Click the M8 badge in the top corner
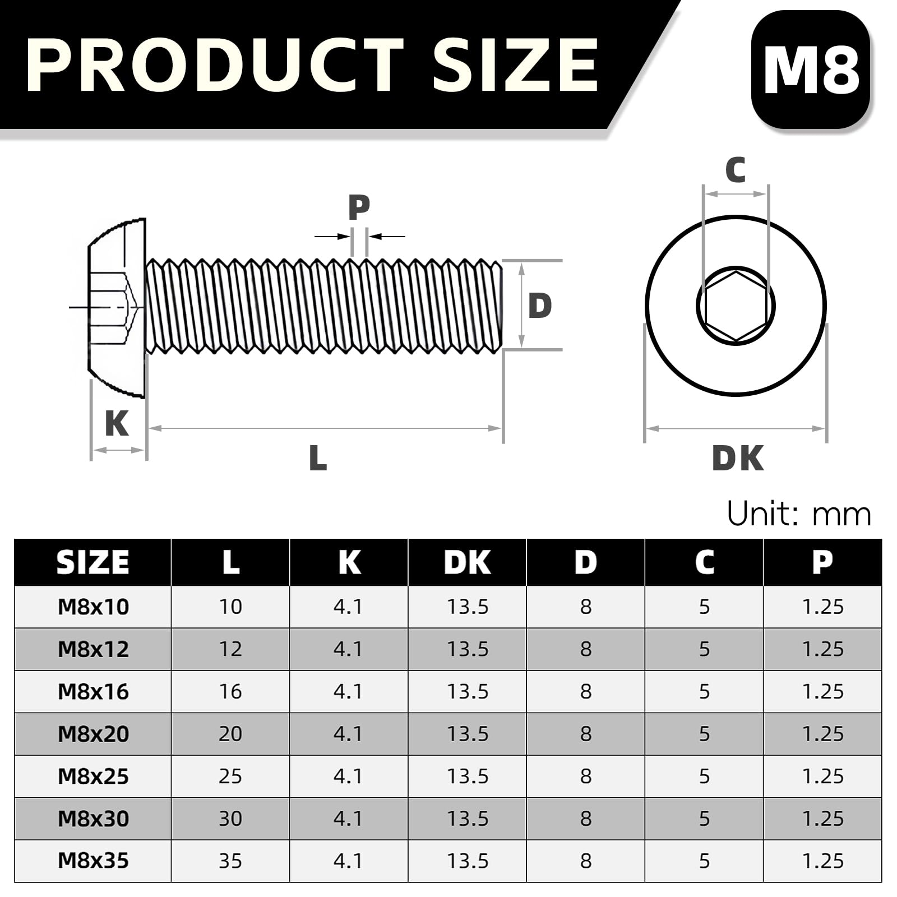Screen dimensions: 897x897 811,69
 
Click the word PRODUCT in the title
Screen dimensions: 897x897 215,65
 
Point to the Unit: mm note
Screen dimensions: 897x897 799,514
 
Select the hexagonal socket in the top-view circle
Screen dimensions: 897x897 736,306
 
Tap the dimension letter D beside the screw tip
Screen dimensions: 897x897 540,306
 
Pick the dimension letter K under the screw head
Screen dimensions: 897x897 117,423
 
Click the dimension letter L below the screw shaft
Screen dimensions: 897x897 318,458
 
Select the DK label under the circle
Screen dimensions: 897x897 737,458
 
